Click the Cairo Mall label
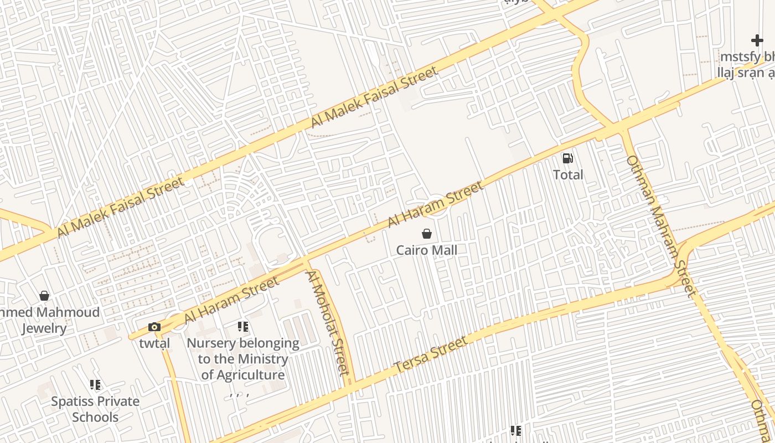[x=426, y=250]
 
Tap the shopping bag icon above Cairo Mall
[x=426, y=234]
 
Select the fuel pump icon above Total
[x=567, y=158]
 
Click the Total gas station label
[x=568, y=175]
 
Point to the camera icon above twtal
[x=154, y=327]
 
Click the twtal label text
[x=154, y=343]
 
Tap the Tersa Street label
[x=431, y=355]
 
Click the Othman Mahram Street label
[x=660, y=226]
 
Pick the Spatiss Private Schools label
[x=95, y=409]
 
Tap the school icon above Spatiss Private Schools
[x=95, y=384]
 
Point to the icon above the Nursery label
[x=243, y=327]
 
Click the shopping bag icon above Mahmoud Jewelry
[x=44, y=296]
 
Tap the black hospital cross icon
[x=757, y=40]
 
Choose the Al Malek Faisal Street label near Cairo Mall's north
[x=374, y=96]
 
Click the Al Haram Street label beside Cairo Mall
[x=435, y=204]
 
